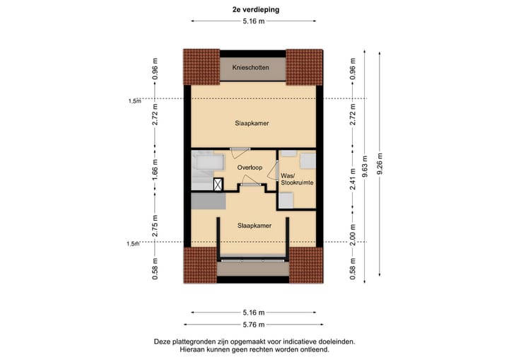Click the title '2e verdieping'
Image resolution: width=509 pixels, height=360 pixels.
tap(254, 11)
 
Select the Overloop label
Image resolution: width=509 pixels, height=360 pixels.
tap(250, 167)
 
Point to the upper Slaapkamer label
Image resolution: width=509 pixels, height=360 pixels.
tap(252, 122)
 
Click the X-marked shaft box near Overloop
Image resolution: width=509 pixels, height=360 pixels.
tap(218, 184)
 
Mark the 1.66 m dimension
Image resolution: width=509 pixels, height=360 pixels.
tap(155, 170)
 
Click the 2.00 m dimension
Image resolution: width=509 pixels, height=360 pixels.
tap(353, 231)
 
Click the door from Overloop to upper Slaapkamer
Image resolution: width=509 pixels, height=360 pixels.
tap(240, 149)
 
